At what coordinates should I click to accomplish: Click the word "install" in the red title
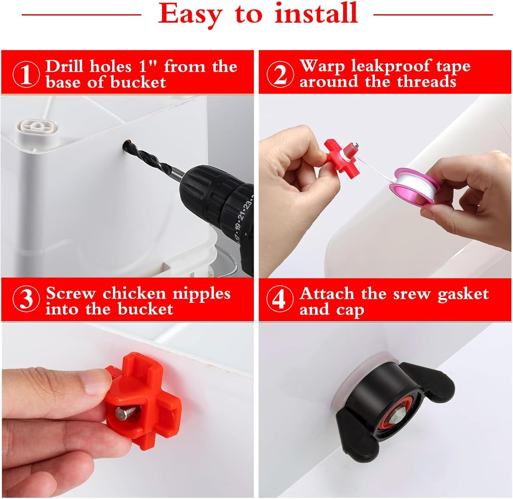[x=316, y=14]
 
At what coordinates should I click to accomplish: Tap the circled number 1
[x=26, y=74]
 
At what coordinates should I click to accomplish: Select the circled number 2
[x=280, y=74]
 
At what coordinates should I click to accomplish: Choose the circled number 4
[x=280, y=299]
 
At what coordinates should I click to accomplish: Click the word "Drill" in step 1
[x=65, y=66]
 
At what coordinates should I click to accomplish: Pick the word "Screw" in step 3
[x=71, y=293]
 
